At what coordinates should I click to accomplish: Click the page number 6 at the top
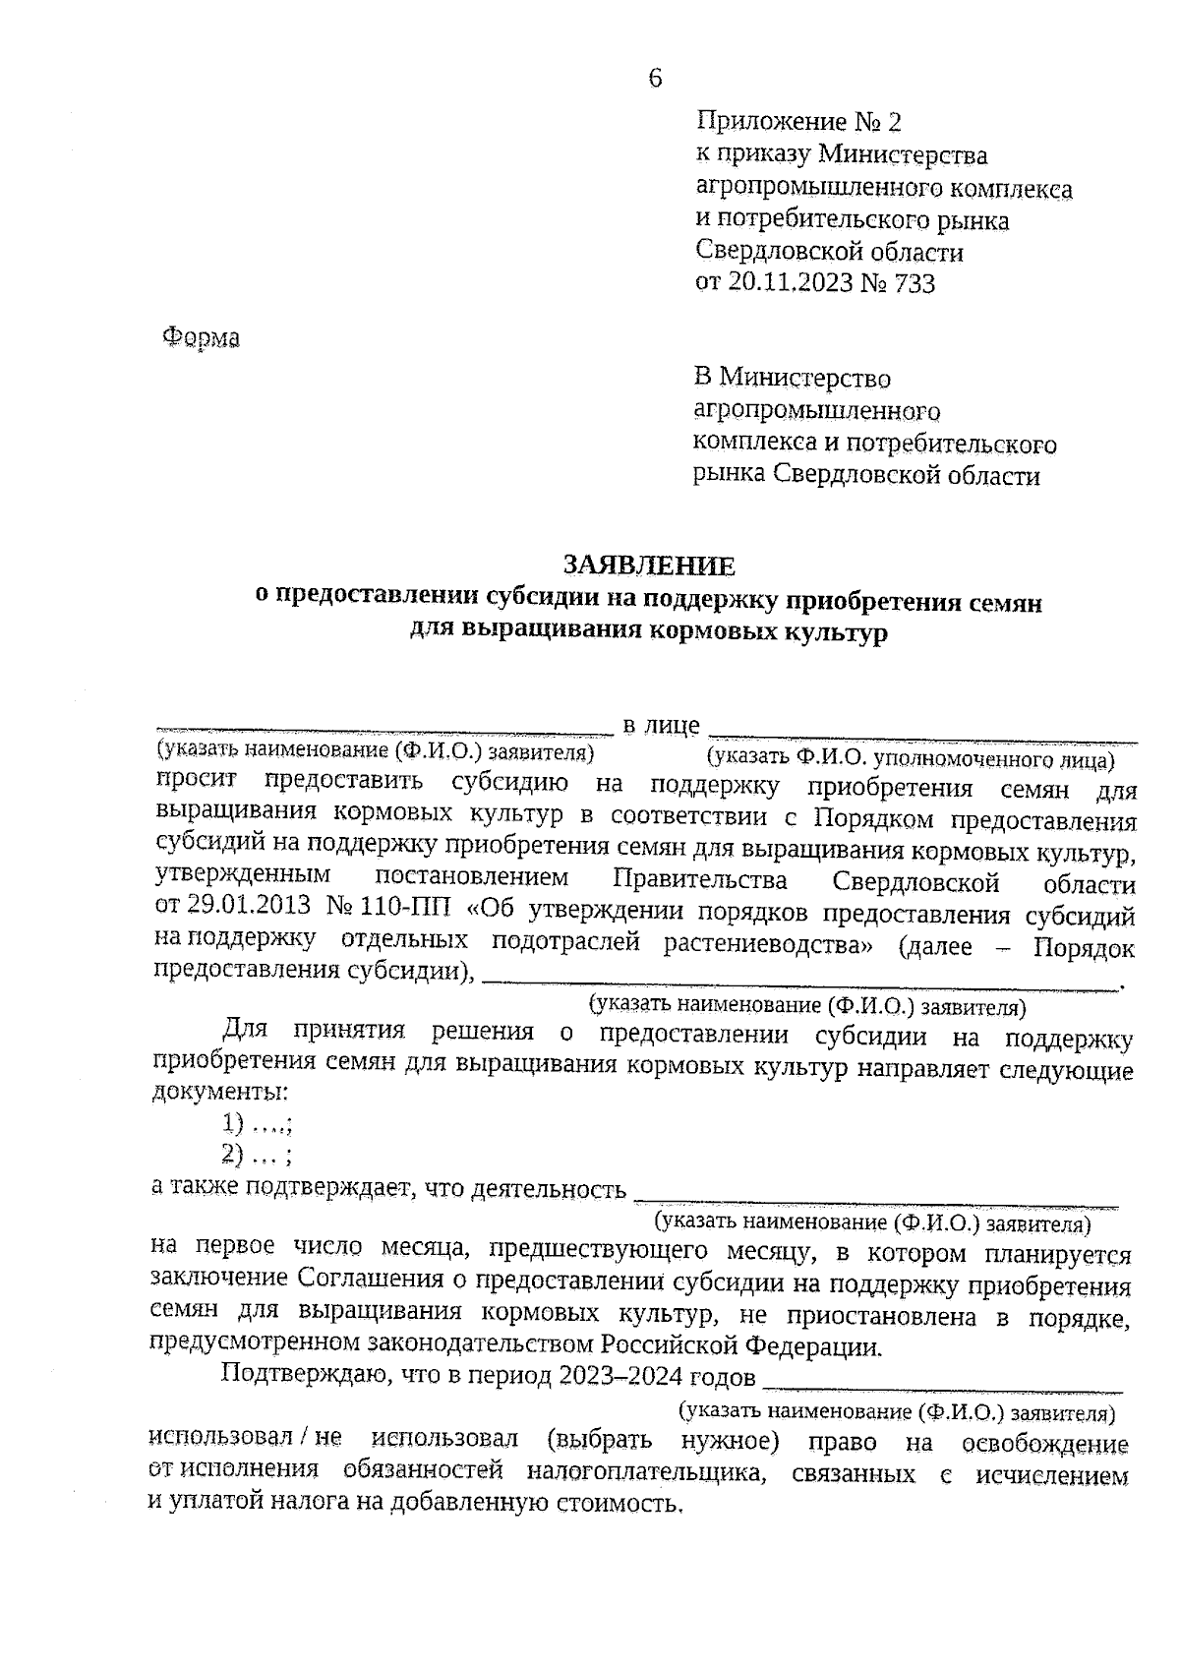coord(655,79)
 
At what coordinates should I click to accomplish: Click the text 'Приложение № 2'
coord(797,122)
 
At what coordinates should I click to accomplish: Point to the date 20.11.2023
coord(788,283)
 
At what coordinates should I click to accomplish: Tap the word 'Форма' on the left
coord(201,338)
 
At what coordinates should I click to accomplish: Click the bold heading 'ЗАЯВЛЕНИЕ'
coord(648,566)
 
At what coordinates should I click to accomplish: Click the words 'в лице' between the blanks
coord(661,727)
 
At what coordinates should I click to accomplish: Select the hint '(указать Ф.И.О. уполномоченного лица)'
coord(911,758)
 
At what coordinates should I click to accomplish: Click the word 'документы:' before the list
coord(221,1092)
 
